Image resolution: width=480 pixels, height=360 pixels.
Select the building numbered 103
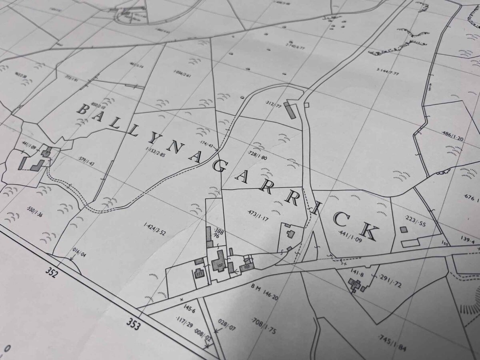coord(247,266)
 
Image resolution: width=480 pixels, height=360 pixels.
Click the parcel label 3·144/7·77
coord(388,72)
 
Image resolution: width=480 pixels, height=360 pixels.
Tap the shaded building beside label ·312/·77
coord(290,109)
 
